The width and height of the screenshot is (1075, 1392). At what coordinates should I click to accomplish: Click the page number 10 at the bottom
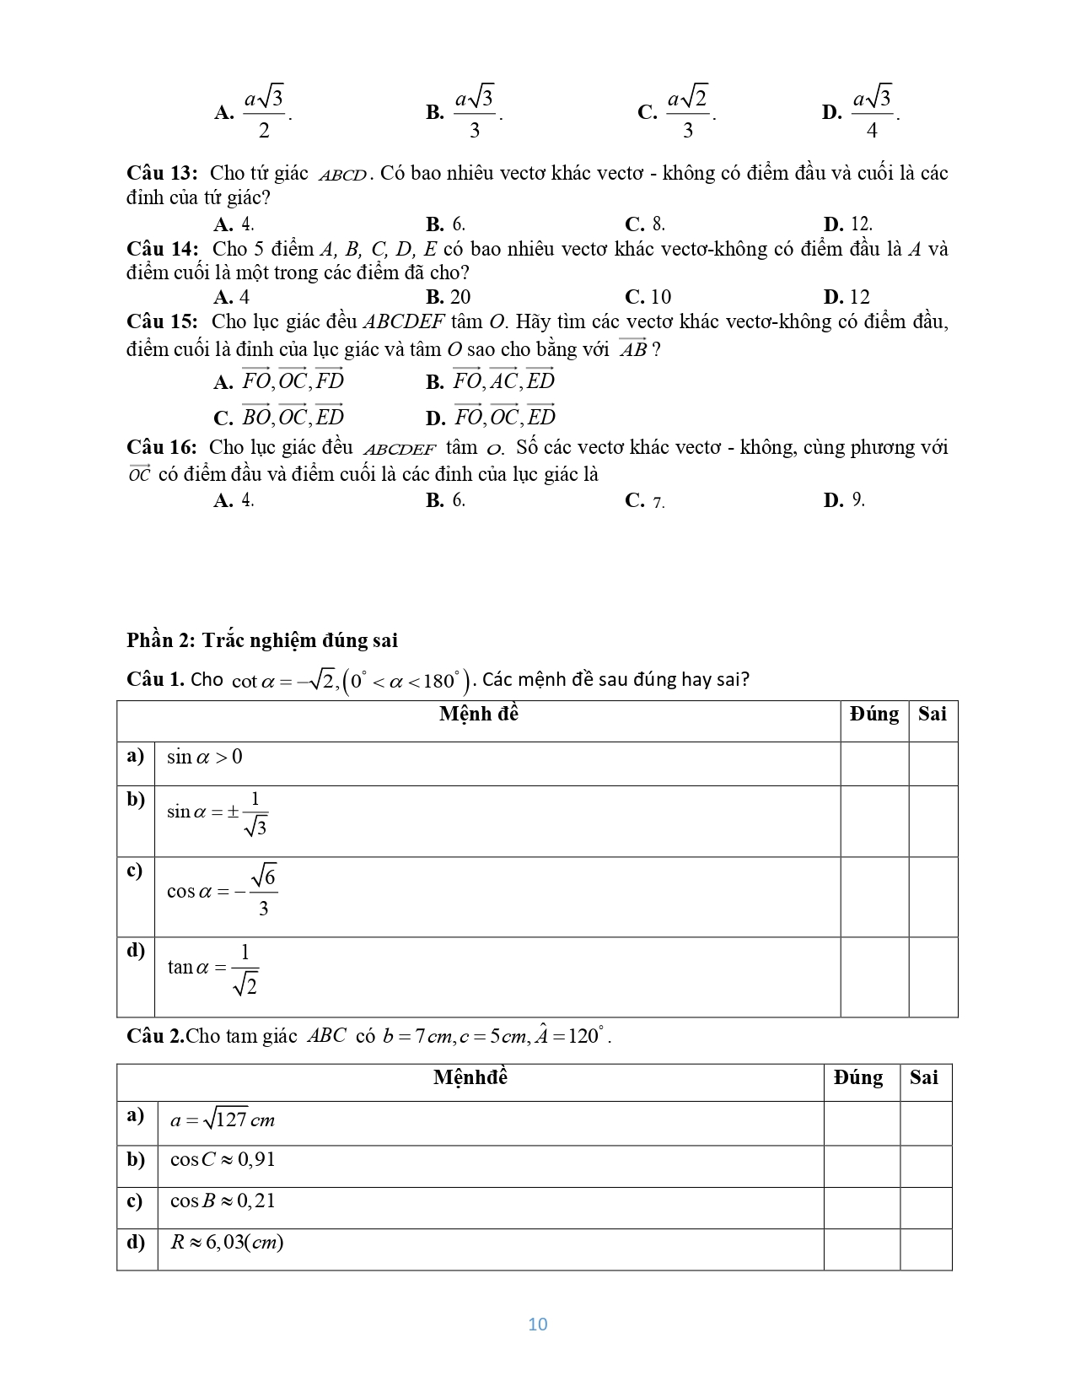pos(537,1324)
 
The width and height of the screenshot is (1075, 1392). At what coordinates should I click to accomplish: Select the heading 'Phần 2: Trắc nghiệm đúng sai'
pos(262,640)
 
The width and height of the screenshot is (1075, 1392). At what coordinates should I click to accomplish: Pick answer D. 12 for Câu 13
pos(848,224)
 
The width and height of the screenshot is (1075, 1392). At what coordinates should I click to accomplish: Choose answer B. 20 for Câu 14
pos(449,297)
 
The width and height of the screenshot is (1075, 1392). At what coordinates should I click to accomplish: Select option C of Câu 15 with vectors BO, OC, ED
pos(280,417)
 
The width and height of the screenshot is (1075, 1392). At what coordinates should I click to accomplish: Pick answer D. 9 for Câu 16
pos(845,500)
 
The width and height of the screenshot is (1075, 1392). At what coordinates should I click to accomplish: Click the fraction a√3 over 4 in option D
pos(872,111)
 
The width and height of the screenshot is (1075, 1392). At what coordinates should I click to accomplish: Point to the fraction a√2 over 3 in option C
pos(687,111)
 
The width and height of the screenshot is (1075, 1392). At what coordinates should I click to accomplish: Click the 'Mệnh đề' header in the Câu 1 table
pos(479,715)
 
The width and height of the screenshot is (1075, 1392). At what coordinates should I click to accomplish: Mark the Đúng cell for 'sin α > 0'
pos(874,763)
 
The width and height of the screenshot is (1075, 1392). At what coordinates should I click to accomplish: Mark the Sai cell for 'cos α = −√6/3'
pos(933,897)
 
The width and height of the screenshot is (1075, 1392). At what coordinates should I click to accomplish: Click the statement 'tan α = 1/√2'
pos(212,968)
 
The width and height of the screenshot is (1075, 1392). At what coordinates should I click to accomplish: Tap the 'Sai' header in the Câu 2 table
pos(924,1077)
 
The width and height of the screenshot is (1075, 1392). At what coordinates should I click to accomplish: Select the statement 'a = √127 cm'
pos(223,1120)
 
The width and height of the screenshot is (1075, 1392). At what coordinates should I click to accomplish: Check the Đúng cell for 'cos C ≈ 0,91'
pos(861,1166)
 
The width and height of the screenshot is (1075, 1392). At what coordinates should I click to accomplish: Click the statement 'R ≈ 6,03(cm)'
pos(227,1242)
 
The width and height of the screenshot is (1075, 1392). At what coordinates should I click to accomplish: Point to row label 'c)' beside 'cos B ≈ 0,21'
pos(136,1200)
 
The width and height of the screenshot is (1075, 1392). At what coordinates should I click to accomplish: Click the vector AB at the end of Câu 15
pos(633,348)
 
